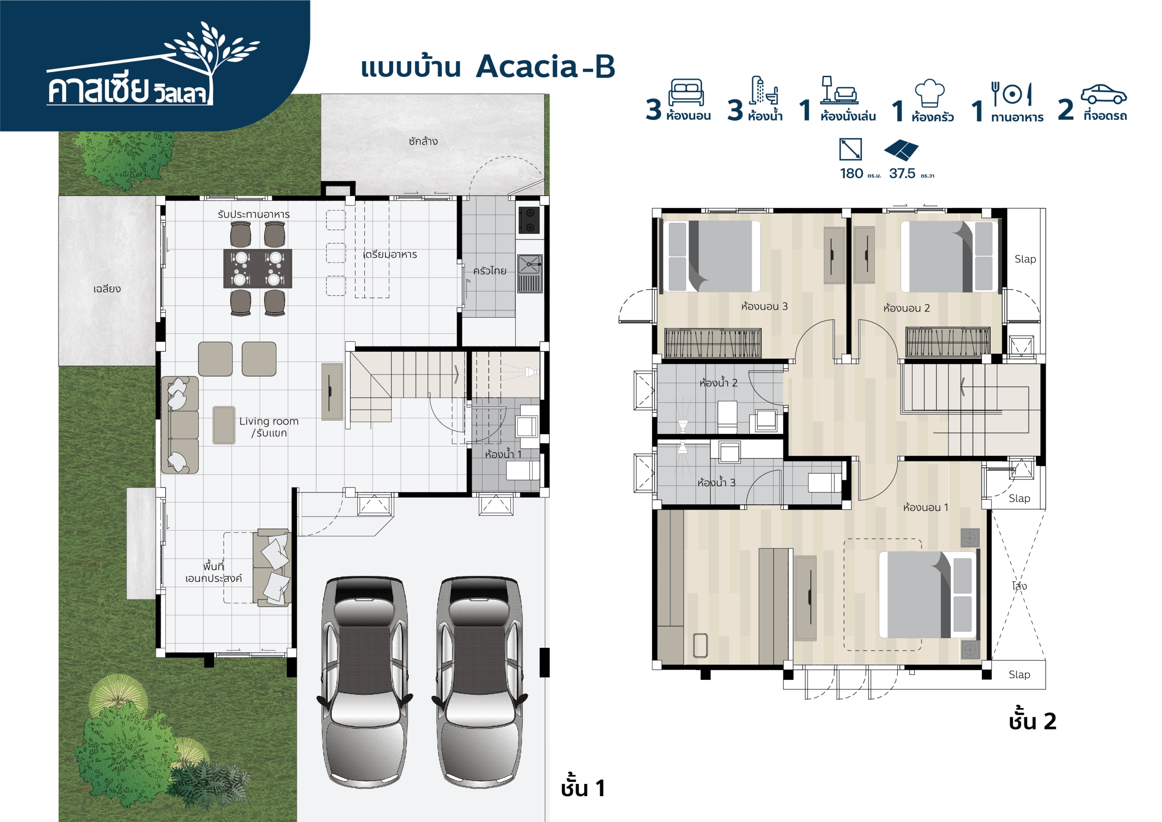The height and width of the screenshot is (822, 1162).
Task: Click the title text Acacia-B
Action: pyautogui.click(x=545, y=66)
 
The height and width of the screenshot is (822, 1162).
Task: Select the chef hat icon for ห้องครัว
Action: pyautogui.click(x=930, y=93)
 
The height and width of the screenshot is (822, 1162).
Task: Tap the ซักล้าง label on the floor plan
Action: pyautogui.click(x=423, y=141)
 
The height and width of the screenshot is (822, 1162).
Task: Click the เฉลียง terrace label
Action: pyautogui.click(x=107, y=289)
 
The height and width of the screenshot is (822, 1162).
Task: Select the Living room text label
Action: pyautogui.click(x=269, y=421)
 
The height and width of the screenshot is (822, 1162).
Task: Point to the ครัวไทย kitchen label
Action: pyautogui.click(x=489, y=271)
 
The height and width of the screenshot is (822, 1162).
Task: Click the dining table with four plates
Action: pyautogui.click(x=258, y=268)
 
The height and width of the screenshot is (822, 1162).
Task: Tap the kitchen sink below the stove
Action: pyautogui.click(x=529, y=264)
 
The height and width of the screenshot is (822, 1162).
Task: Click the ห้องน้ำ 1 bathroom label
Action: pyautogui.click(x=502, y=454)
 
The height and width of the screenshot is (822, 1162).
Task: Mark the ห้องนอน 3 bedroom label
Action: pyautogui.click(x=764, y=306)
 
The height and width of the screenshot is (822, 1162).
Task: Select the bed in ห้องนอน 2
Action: pyautogui.click(x=950, y=256)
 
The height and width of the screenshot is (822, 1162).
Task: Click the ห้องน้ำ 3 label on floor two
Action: pyautogui.click(x=716, y=482)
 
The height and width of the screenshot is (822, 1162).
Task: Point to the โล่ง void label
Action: pyautogui.click(x=1019, y=586)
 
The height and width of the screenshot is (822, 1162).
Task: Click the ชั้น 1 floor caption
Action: pyautogui.click(x=582, y=788)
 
